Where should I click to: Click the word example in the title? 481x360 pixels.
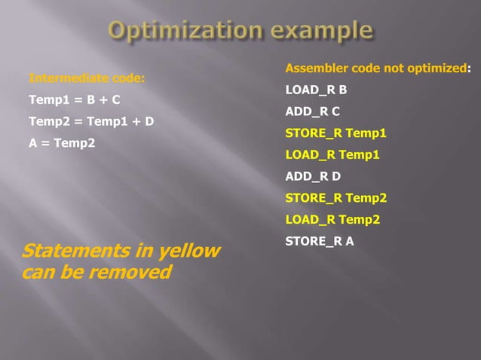point(319,31)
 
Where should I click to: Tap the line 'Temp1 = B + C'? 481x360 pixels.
point(74,99)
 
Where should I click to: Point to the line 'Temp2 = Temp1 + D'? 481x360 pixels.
point(90,121)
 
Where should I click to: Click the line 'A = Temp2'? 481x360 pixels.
point(62,142)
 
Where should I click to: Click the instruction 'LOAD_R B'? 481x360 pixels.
point(316,90)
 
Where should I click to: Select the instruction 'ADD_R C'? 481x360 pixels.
point(313,111)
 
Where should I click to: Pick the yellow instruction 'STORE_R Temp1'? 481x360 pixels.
point(335,133)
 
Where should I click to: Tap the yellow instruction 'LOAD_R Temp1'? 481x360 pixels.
point(332,155)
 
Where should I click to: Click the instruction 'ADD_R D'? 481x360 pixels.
point(313,177)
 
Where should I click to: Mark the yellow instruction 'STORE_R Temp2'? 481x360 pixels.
point(335,198)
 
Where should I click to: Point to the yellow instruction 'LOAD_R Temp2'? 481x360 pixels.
point(332,220)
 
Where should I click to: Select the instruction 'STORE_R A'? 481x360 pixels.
point(320,242)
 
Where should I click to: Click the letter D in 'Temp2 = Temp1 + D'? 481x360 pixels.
point(149,121)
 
